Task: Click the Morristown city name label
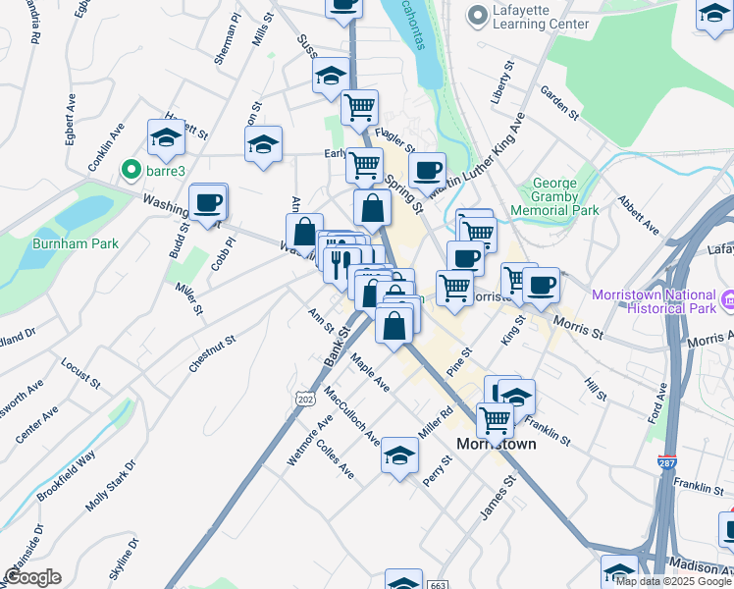[497, 444]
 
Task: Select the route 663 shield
[438, 585]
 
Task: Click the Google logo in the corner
[32, 577]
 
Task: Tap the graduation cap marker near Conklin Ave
[167, 139]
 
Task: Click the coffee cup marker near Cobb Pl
[207, 203]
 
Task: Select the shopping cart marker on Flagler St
[360, 107]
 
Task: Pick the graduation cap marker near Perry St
[399, 456]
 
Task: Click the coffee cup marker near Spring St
[427, 171]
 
